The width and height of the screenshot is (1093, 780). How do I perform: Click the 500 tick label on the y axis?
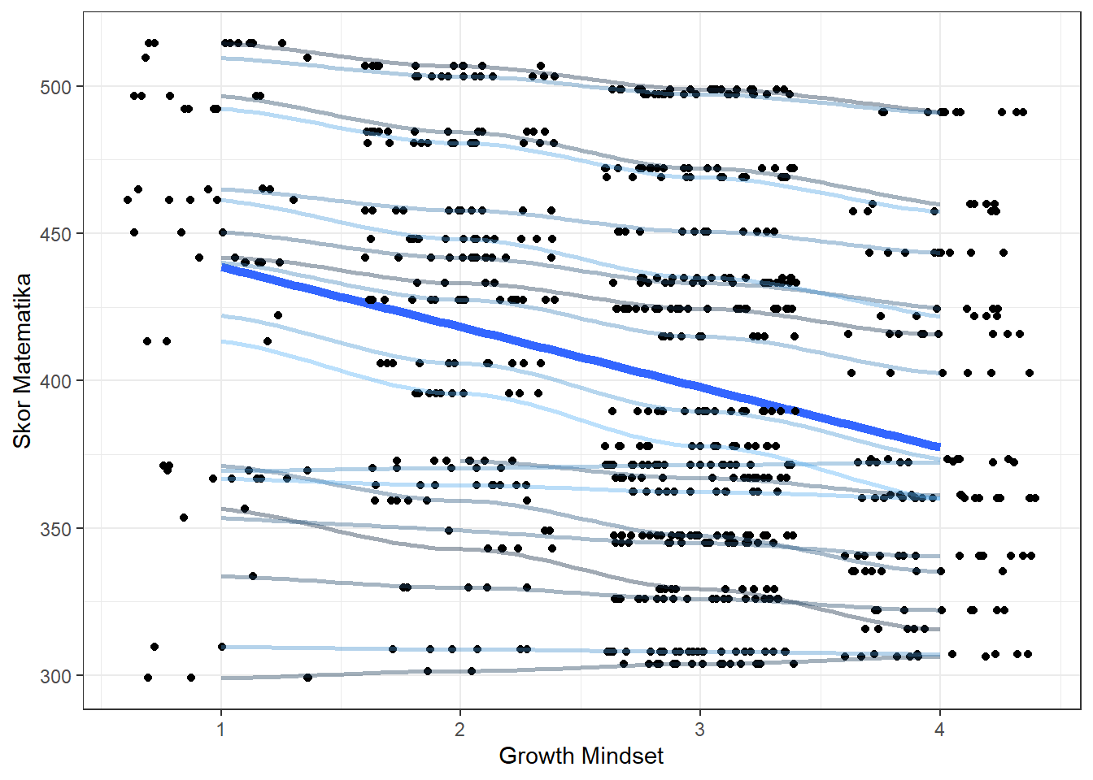(55, 87)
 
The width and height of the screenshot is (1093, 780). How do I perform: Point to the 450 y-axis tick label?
(55, 234)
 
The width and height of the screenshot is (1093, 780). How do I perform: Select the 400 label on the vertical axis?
(55, 381)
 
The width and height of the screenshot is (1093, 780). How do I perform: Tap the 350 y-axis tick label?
(55, 529)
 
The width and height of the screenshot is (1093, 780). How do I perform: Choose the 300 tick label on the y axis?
(55, 676)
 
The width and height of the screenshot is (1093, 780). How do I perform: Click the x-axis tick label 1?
(221, 729)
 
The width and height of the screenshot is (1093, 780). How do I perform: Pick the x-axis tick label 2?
(460, 729)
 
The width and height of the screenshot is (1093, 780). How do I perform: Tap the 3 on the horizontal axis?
(699, 729)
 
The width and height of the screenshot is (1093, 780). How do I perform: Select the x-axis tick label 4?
(939, 729)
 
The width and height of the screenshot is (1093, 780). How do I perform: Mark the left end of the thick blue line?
(223, 269)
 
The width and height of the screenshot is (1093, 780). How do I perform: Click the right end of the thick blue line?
(939, 447)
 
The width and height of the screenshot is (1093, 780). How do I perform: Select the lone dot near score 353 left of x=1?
(184, 518)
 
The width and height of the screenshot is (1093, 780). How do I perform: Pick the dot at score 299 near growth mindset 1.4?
(307, 677)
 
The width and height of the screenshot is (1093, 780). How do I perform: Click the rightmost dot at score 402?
(1030, 373)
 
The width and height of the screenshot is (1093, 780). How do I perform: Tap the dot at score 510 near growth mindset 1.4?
(307, 58)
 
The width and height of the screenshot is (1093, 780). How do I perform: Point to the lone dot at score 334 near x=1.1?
(253, 576)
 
